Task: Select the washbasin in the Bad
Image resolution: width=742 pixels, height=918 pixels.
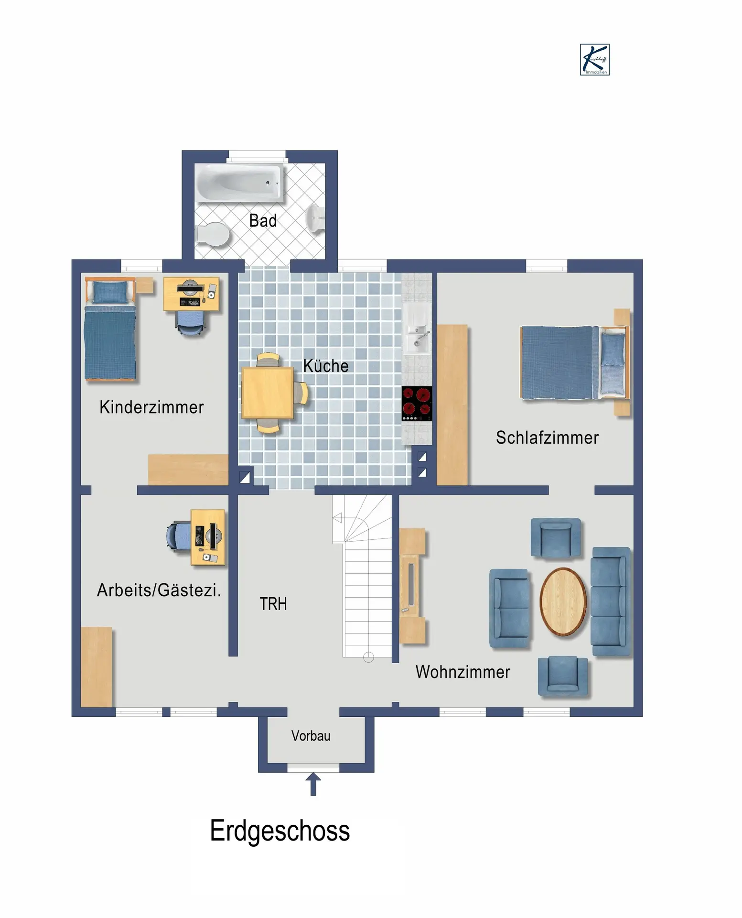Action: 316,219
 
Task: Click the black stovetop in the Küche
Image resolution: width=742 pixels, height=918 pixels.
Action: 417,404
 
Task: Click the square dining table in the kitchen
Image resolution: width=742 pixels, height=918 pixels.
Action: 268,393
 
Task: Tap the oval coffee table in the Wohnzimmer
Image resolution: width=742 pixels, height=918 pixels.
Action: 563,601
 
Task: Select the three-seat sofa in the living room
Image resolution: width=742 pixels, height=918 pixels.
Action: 611,601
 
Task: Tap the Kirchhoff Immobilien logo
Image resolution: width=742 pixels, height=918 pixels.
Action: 595,60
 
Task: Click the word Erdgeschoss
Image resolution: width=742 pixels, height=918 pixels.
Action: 280,831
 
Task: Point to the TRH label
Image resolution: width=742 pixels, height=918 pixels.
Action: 273,604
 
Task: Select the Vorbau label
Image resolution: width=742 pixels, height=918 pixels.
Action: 311,736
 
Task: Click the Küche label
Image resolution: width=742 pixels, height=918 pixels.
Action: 326,366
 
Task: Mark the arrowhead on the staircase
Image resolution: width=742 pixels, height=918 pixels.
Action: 337,518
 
